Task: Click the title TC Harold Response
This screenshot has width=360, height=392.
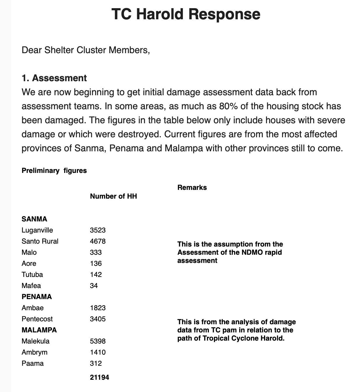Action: point(186,14)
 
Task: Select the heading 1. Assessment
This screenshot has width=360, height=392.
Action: point(54,78)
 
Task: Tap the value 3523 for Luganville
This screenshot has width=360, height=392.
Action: point(98,230)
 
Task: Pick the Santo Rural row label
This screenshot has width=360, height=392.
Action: point(40,241)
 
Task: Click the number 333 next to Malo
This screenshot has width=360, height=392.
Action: point(96,252)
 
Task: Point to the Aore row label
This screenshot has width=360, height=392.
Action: point(29,263)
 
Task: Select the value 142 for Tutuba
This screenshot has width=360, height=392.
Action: point(96,275)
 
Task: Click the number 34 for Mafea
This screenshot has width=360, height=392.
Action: point(94,286)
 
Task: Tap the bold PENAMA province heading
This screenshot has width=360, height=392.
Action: point(37,297)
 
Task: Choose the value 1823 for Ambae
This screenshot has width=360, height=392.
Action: point(98,308)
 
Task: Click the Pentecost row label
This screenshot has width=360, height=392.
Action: point(37,319)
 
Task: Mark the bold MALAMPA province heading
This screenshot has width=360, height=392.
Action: point(39,330)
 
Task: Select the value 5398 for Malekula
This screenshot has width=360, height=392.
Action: point(98,341)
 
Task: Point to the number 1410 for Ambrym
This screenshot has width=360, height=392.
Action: point(98,352)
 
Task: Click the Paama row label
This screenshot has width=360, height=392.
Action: point(33,363)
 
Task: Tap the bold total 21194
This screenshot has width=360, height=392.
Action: point(99,377)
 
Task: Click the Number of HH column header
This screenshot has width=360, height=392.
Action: point(113,196)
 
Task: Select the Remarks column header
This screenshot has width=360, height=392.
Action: point(192,188)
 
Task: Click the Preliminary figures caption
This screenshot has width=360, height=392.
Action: point(54,171)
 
